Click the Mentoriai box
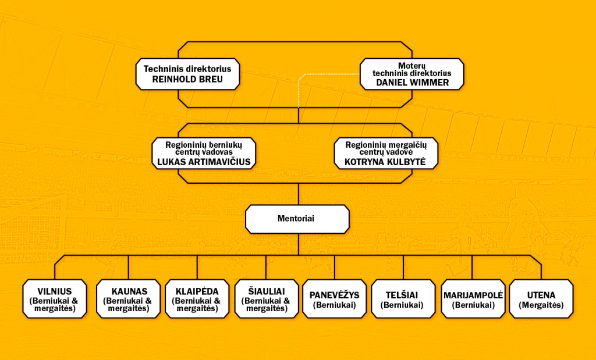(297, 219)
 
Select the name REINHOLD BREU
(187, 80)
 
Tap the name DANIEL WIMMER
(413, 83)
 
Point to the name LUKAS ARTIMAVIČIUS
(204, 162)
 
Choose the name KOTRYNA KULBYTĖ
(385, 162)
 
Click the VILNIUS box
(55, 299)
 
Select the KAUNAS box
(129, 299)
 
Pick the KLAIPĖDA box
(197, 299)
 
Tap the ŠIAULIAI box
(267, 299)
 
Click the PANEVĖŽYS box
(335, 299)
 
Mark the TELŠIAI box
(403, 299)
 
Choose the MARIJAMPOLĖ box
(473, 299)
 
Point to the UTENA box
(541, 299)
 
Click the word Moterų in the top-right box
(412, 66)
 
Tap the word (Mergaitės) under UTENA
(541, 305)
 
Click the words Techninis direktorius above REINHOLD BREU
(187, 69)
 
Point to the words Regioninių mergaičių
(386, 145)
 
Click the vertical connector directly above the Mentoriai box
(299, 194)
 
